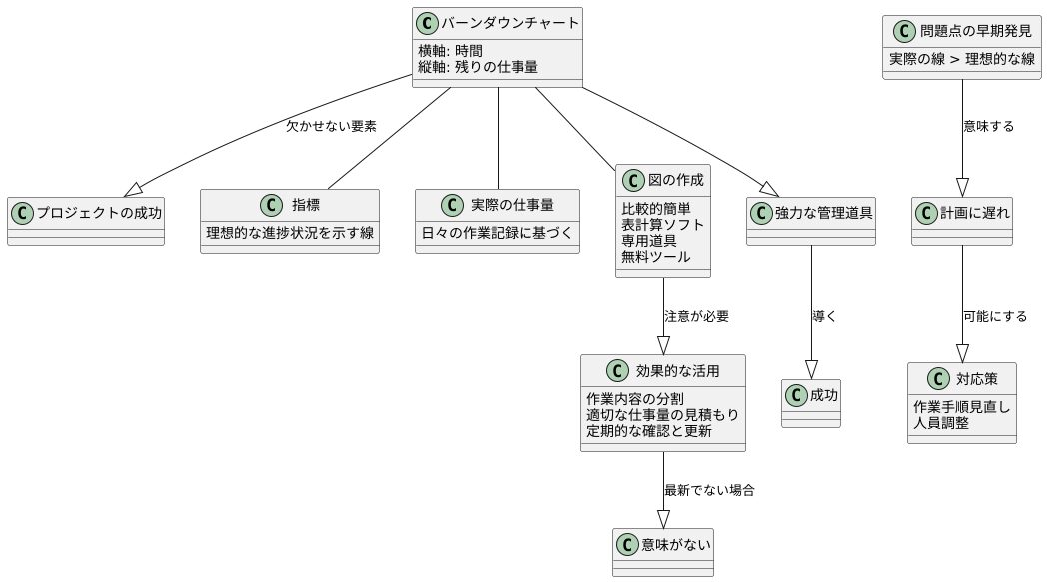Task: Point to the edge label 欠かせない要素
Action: [x=331, y=127]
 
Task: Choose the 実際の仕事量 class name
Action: [x=512, y=205]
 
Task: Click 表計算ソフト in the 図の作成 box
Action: [x=662, y=225]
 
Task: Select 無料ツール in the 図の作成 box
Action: [x=655, y=258]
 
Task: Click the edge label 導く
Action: [x=824, y=316]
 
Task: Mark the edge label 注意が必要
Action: [x=696, y=317]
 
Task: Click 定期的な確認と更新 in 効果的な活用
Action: [x=649, y=431]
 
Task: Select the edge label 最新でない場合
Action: [x=709, y=491]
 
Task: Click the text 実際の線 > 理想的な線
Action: [x=962, y=58]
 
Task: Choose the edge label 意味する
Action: [x=989, y=127]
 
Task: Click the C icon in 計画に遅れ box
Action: [x=925, y=212]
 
